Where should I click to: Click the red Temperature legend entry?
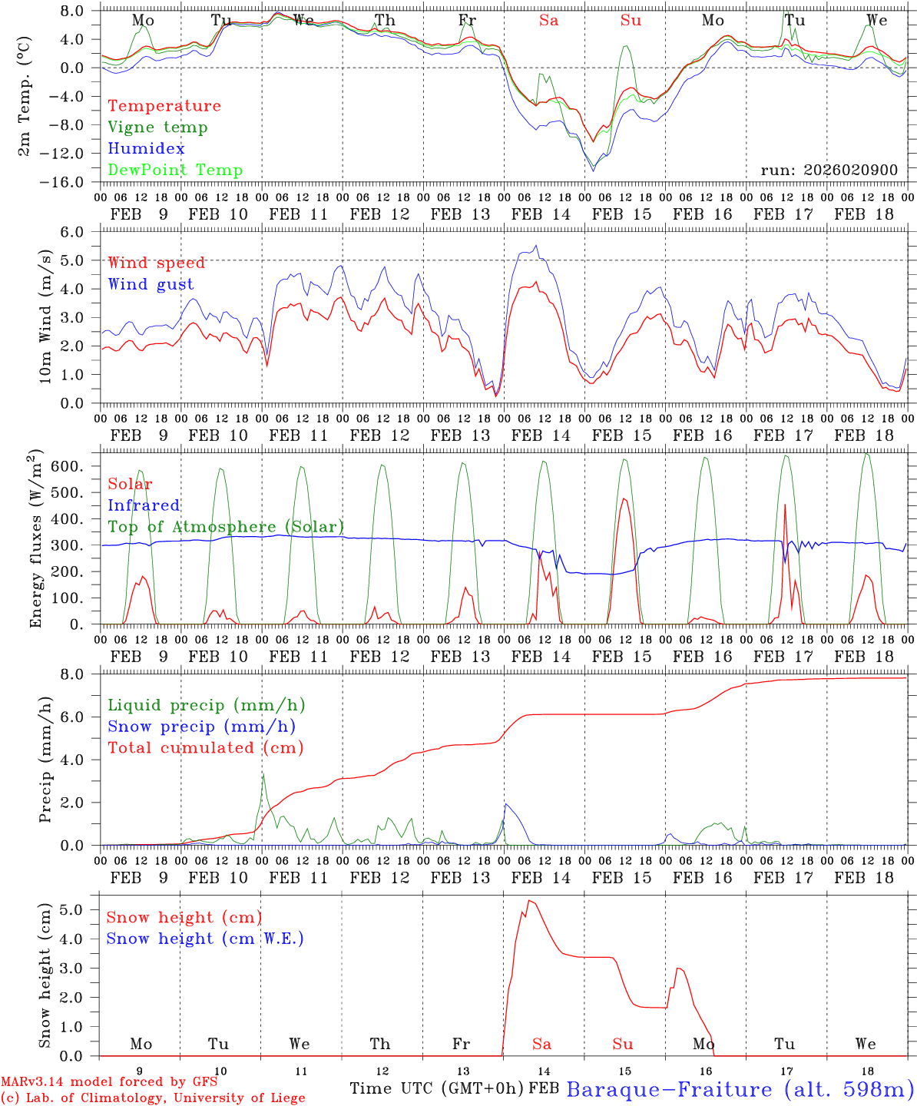(x=164, y=106)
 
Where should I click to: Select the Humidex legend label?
(x=146, y=149)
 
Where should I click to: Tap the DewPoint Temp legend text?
(x=175, y=171)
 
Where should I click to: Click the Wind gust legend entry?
(x=151, y=284)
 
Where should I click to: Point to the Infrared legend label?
(x=144, y=505)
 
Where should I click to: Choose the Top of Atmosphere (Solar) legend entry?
(x=225, y=527)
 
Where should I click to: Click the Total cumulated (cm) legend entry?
(x=205, y=747)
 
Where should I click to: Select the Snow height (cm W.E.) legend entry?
(x=204, y=939)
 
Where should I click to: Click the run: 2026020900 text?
(x=829, y=170)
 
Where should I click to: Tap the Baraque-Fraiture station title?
(x=740, y=1089)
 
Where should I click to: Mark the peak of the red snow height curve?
(x=529, y=900)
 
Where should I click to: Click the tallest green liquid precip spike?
(x=263, y=775)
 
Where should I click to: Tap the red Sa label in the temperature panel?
(x=548, y=21)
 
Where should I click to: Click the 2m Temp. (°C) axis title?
(x=25, y=96)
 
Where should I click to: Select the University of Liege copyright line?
(x=153, y=1098)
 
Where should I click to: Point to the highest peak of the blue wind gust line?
(x=536, y=246)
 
